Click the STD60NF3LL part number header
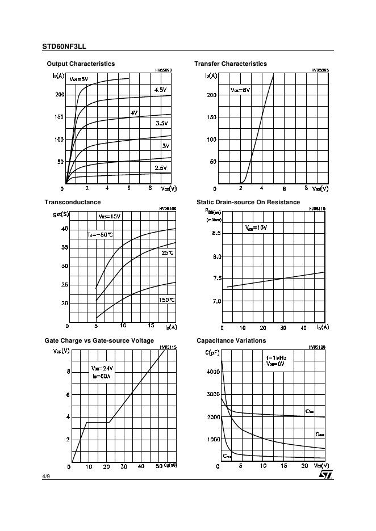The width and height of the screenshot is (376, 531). [64, 47]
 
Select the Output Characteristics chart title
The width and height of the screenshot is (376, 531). [81, 64]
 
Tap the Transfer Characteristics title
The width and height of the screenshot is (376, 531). [230, 64]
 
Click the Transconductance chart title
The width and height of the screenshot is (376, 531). [73, 203]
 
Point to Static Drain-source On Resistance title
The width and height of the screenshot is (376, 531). [248, 203]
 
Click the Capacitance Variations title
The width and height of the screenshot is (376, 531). [231, 341]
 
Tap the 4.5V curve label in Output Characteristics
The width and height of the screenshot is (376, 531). [160, 90]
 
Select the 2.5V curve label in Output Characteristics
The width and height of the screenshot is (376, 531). [161, 168]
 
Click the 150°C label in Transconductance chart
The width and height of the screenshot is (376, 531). [166, 300]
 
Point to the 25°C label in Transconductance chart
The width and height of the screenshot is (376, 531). [168, 253]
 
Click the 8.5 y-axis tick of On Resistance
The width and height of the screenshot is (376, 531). [217, 233]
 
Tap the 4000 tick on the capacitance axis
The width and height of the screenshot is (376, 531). [212, 372]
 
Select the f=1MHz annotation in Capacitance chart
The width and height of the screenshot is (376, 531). [277, 358]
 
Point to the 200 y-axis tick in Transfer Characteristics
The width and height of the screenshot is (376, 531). [211, 95]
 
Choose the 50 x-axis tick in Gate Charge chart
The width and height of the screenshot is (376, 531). [158, 466]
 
